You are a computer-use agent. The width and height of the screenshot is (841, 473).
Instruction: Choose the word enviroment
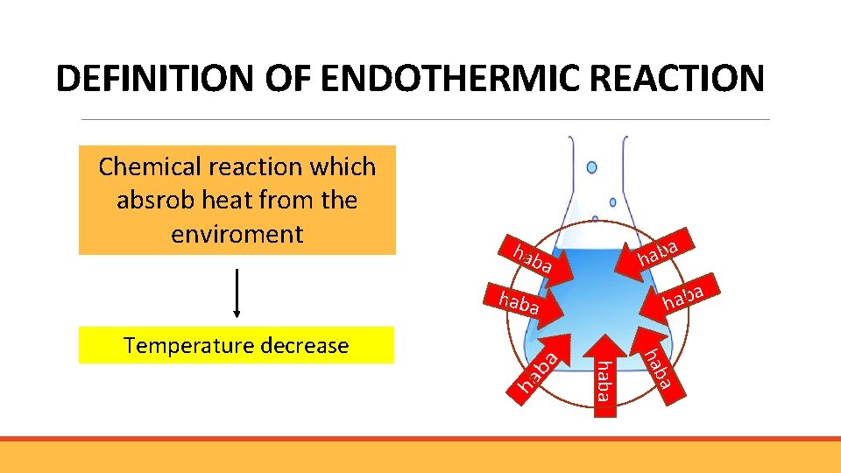click(x=237, y=235)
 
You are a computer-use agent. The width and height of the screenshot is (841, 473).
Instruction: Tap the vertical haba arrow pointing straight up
click(x=602, y=372)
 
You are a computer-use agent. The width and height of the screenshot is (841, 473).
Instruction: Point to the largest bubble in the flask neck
click(x=591, y=167)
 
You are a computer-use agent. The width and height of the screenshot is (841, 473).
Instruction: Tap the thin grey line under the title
click(x=425, y=120)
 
